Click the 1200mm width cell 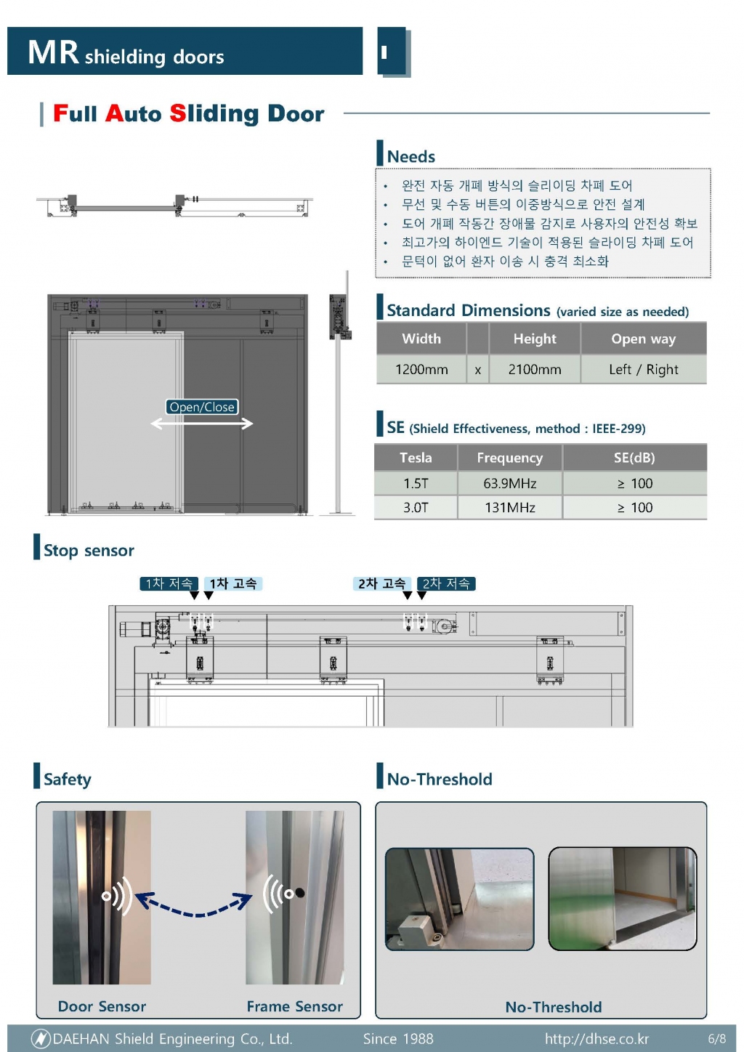click(x=421, y=370)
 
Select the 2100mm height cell click(x=535, y=370)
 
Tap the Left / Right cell click(x=644, y=370)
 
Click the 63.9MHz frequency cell click(x=509, y=483)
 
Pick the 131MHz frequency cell click(x=509, y=508)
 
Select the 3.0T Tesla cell click(x=416, y=508)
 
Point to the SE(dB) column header click(x=634, y=458)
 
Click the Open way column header click(x=644, y=339)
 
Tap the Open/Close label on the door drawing click(x=202, y=407)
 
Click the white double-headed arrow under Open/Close click(x=202, y=424)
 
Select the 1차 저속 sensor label click(x=169, y=583)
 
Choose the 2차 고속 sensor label click(x=382, y=583)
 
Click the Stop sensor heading click(x=89, y=551)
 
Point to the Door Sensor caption click(x=102, y=1006)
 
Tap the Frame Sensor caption click(x=295, y=1006)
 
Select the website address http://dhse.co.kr click(x=597, y=1038)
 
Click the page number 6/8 click(x=717, y=1038)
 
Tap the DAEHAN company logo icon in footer click(x=41, y=1038)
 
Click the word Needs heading click(x=411, y=156)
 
